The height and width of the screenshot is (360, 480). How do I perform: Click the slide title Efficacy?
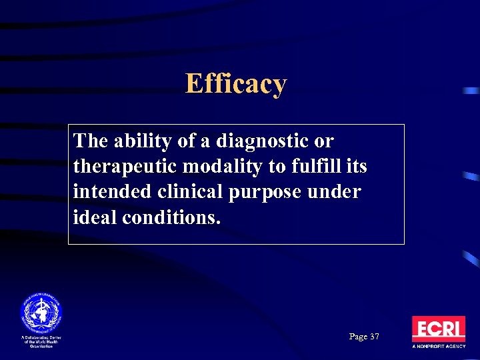click(236, 85)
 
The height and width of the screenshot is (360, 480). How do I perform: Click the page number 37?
click(374, 337)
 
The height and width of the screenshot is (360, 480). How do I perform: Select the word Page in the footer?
click(357, 337)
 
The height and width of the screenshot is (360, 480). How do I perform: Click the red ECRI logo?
click(438, 329)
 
